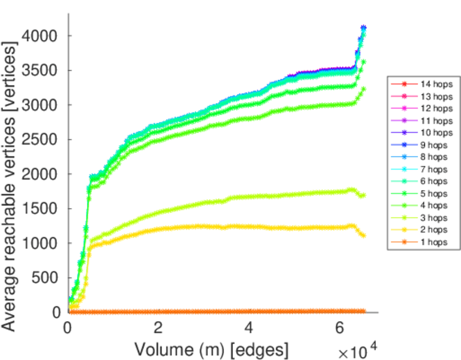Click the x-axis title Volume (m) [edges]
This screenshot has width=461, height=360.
[211, 349]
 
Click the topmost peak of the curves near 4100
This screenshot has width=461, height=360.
[363, 28]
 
